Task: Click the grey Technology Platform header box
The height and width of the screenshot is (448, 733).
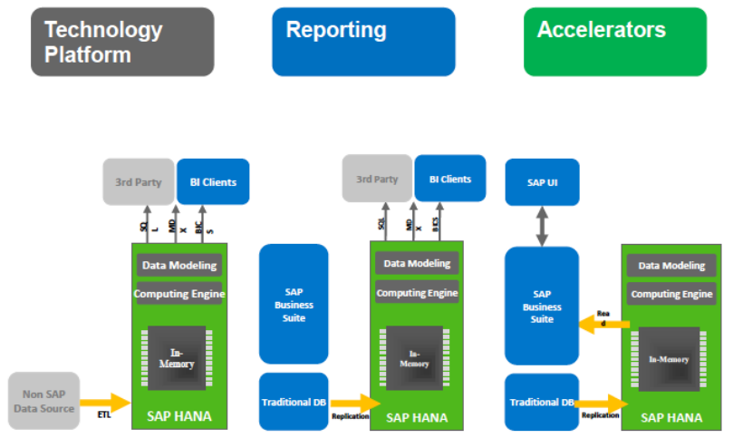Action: (122, 42)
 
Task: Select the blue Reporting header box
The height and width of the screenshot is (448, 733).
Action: (363, 42)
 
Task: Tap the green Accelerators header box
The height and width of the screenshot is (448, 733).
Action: (614, 42)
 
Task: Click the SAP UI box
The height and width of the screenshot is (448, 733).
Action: (542, 181)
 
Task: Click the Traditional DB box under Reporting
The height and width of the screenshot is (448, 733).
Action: (294, 401)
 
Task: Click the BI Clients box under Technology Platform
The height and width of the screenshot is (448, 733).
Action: (213, 182)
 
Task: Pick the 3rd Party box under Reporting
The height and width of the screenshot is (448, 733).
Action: (377, 179)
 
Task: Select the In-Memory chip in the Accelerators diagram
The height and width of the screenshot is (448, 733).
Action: (668, 359)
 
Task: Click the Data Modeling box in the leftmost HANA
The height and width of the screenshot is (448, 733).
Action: (178, 266)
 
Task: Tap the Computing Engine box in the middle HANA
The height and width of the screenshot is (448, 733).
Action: (417, 293)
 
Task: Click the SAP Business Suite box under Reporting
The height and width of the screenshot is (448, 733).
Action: (294, 304)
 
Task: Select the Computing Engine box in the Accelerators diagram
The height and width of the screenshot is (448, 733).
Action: (671, 294)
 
